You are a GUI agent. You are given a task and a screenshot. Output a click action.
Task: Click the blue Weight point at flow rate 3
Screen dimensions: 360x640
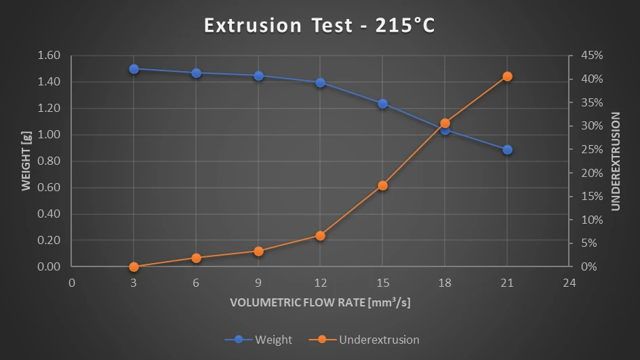134,69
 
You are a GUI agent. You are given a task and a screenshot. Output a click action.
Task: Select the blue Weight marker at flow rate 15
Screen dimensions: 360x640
382,104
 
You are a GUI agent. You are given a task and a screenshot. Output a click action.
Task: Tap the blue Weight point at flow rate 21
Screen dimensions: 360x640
507,150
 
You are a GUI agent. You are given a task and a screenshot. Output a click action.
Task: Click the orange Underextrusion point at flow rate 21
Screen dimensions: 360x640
507,77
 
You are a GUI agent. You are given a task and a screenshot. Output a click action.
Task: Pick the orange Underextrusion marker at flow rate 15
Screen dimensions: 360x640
382,186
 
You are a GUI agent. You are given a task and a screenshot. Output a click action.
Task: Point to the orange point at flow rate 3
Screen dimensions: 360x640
134,266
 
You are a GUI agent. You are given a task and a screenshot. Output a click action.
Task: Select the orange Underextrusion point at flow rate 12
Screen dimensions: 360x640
321,236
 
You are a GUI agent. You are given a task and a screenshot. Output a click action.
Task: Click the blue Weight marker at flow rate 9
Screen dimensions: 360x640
258,76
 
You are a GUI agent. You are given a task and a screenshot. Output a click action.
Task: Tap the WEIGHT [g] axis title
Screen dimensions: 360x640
26,161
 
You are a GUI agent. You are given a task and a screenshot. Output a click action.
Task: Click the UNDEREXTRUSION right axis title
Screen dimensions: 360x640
616,161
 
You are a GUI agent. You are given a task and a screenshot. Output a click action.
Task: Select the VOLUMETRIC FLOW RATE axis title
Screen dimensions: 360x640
320,302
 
